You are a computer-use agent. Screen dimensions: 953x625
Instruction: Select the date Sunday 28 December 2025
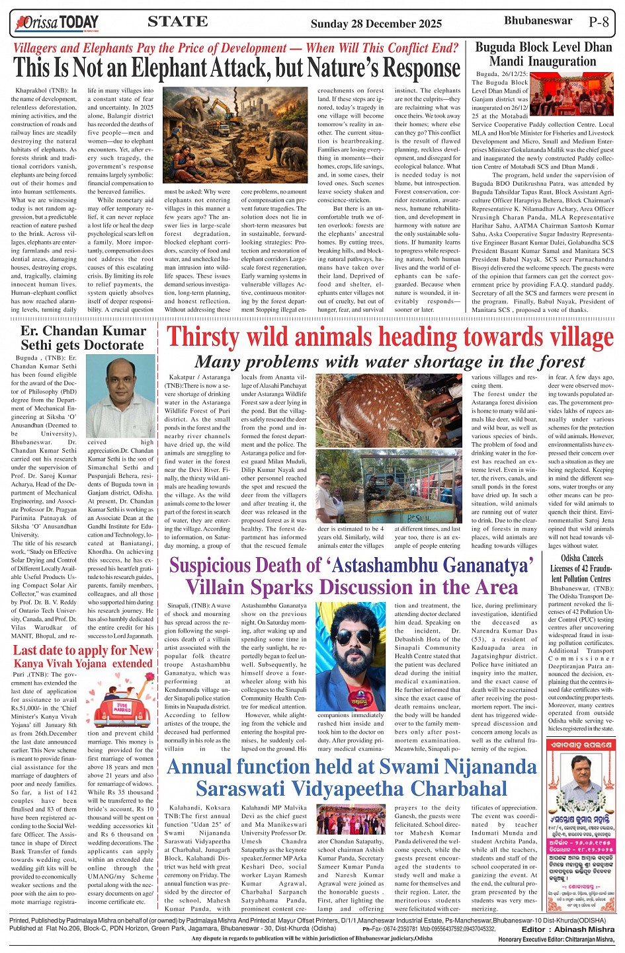point(376,24)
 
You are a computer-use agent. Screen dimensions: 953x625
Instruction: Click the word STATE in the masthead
point(177,22)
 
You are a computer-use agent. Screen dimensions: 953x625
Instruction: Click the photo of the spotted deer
point(388,411)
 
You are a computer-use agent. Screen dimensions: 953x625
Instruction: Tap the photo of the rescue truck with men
point(388,487)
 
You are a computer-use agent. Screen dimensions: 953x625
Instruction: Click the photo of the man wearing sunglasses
point(351,656)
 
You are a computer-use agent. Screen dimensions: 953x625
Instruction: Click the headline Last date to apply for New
point(83,650)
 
